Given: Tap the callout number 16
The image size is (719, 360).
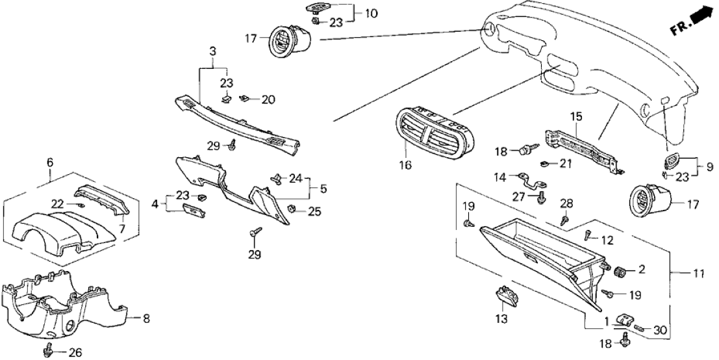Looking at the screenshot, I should pyautogui.click(x=405, y=166).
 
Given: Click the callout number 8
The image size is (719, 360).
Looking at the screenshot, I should pyautogui.click(x=145, y=318).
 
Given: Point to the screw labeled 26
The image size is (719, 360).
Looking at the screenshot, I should pyautogui.click(x=48, y=351).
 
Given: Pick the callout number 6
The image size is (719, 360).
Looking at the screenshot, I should pyautogui.click(x=49, y=162).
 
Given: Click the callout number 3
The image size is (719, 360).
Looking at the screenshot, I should pyautogui.click(x=212, y=51).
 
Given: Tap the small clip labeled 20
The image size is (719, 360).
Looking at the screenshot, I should pyautogui.click(x=245, y=99).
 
